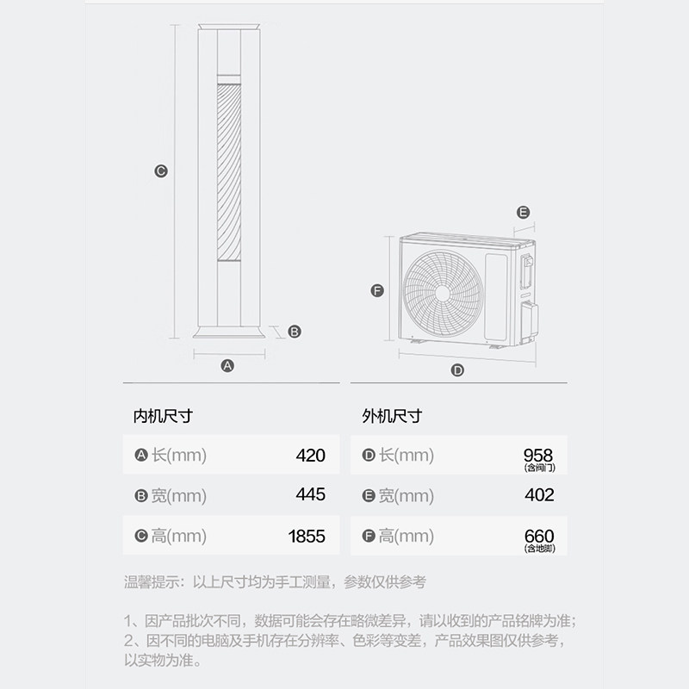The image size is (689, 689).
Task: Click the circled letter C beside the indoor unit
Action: pos(160,171)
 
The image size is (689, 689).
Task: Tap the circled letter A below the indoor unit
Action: pos(228,365)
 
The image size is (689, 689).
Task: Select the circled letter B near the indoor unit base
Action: pos(294,332)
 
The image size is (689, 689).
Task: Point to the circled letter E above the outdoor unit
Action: pos(523,213)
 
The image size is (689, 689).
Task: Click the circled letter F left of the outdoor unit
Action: pos(376,291)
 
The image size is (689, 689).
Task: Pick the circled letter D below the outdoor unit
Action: pos(457,370)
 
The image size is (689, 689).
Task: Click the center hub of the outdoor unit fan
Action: pos(443,291)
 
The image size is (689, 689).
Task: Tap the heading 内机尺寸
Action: pos(163,416)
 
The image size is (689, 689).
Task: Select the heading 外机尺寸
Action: pos(392,416)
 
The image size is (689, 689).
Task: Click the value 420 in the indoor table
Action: pos(310,455)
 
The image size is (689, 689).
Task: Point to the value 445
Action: pos(310,494)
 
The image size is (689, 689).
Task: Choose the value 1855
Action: pos(307,536)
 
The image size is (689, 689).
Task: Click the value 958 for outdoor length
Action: pos(538,454)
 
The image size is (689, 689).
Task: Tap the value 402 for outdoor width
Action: pos(538,494)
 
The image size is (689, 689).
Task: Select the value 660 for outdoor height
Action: pos(538,535)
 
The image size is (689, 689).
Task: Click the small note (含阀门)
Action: pos(538,468)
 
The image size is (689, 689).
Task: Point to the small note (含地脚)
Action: pos(538,549)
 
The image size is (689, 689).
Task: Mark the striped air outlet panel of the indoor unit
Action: pos(228,168)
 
